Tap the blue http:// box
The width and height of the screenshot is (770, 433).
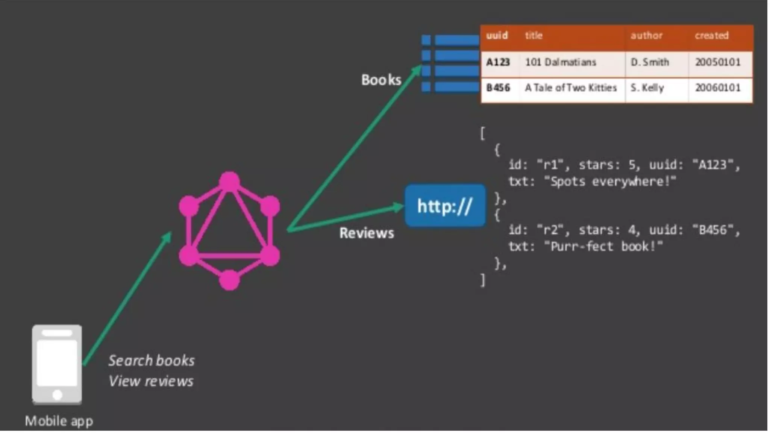pos(445,206)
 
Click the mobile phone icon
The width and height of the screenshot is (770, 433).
pos(57,364)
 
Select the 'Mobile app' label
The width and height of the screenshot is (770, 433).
pos(59,421)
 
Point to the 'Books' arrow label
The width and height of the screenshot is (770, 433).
pos(381,80)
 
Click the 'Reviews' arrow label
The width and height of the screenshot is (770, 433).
pos(367,233)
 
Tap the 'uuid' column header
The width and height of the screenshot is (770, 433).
pos(497,36)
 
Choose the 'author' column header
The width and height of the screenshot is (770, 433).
pos(646,36)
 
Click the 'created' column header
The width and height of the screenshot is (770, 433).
pos(711,36)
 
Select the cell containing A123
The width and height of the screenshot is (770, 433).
pos(498,62)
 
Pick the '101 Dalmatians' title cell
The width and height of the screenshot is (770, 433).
pos(560,62)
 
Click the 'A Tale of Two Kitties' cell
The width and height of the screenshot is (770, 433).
pos(571,88)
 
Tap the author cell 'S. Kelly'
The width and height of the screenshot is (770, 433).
pos(647,88)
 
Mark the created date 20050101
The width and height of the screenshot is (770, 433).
pos(717,62)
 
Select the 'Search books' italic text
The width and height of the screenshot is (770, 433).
pos(152,360)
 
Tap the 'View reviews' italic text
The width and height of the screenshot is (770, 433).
pos(151,381)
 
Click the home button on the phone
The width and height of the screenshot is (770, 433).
pos(57,395)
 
